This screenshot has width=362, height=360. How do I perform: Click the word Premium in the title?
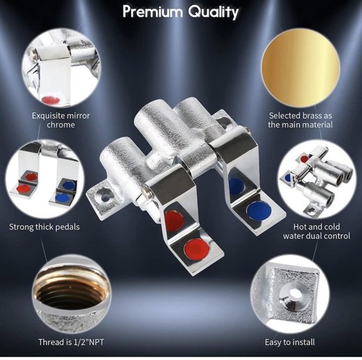click(x=153, y=12)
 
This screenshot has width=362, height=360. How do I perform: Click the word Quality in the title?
click(x=214, y=12)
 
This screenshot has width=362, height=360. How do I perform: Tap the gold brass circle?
click(x=300, y=68)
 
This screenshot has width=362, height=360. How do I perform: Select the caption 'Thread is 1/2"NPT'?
click(x=71, y=342)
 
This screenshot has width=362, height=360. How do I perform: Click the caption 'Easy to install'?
click(x=290, y=342)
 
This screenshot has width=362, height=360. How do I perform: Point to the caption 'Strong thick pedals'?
click(x=44, y=227)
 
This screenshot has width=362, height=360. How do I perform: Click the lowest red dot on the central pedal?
click(x=197, y=249)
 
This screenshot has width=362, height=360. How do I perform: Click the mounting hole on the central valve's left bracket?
click(x=105, y=198)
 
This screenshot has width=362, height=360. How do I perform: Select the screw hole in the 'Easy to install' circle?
click(x=294, y=294)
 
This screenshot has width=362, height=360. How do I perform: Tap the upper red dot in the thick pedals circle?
click(x=31, y=177)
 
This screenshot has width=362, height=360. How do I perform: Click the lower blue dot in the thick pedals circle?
click(x=62, y=197)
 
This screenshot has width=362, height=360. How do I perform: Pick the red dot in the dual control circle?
click(x=305, y=159)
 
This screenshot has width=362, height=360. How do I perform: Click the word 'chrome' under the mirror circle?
click(x=61, y=125)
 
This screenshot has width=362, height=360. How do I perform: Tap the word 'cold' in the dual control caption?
click(x=332, y=227)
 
